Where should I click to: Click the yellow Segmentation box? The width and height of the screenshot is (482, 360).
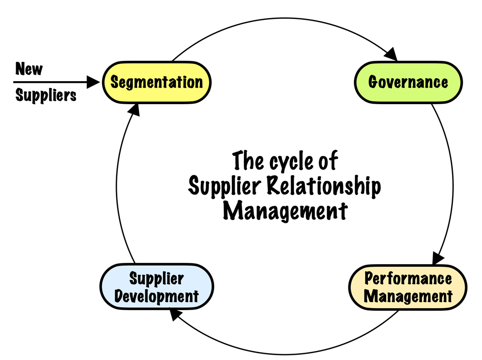(x=156, y=82)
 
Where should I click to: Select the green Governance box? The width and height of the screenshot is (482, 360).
(x=408, y=82)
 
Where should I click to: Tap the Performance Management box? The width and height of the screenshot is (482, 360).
(x=408, y=287)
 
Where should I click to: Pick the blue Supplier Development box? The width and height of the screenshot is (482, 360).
(x=157, y=287)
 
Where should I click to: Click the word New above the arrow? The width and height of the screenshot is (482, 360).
(x=29, y=69)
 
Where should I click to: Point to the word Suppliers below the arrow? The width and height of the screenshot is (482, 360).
(x=46, y=95)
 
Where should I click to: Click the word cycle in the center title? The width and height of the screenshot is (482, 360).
(x=290, y=161)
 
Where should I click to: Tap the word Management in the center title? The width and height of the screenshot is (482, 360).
(x=285, y=211)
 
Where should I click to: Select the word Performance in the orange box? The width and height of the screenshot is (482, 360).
(x=408, y=278)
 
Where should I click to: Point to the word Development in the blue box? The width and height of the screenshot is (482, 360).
(x=157, y=297)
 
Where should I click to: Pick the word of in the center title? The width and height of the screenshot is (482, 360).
(x=328, y=161)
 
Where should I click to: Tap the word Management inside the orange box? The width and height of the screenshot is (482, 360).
(x=408, y=297)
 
